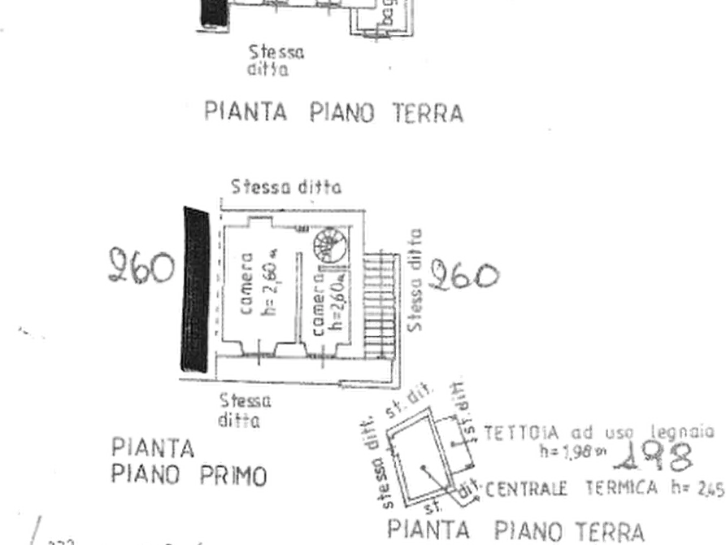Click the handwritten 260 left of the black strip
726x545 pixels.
pyautogui.click(x=141, y=267)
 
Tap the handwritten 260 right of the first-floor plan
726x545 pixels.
pyautogui.click(x=463, y=277)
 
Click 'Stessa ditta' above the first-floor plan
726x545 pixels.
pyautogui.click(x=285, y=187)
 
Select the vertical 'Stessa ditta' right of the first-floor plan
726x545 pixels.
pyautogui.click(x=417, y=277)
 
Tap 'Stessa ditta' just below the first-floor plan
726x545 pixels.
pyautogui.click(x=246, y=411)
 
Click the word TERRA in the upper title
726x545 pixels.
pyautogui.click(x=430, y=112)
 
